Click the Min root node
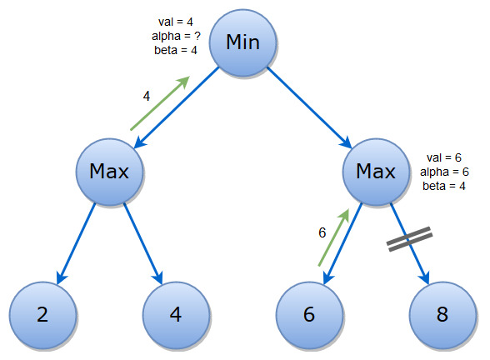(242, 42)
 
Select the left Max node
(109, 172)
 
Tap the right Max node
(376, 172)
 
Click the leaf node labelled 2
(42, 315)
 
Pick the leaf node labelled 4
(176, 315)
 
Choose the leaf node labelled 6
(309, 315)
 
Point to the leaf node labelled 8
(442, 315)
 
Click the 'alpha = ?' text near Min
(176, 37)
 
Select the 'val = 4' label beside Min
(176, 22)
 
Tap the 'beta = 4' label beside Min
(176, 50)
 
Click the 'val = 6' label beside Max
(444, 157)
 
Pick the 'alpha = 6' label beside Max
(444, 172)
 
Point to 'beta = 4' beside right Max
(444, 186)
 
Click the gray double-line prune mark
(410, 239)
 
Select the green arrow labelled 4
(160, 102)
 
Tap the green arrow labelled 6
(333, 237)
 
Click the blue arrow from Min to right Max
(310, 107)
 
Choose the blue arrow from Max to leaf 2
(76, 244)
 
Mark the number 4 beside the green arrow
(147, 96)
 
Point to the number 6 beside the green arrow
(322, 232)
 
